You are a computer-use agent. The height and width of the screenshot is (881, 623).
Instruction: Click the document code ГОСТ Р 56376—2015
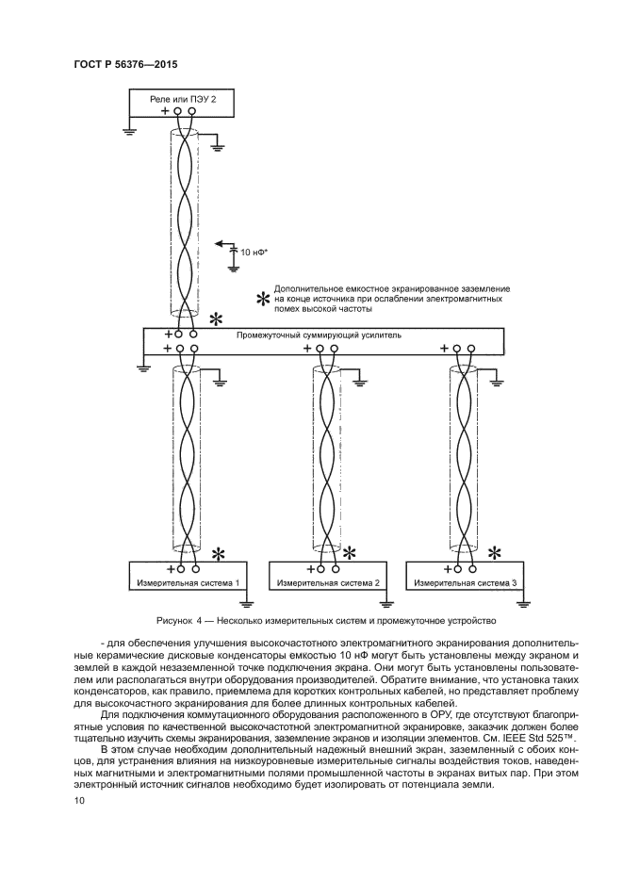[x=125, y=64]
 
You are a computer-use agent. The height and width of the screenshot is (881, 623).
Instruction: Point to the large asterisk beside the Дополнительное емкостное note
[x=263, y=299]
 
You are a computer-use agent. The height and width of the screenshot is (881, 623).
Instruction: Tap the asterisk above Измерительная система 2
[x=350, y=553]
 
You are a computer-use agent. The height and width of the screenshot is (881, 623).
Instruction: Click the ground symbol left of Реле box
[x=129, y=131]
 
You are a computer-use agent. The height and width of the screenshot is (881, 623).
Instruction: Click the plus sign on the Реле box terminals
[x=165, y=111]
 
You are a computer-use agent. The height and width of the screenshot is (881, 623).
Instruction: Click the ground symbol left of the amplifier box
[x=142, y=366]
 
